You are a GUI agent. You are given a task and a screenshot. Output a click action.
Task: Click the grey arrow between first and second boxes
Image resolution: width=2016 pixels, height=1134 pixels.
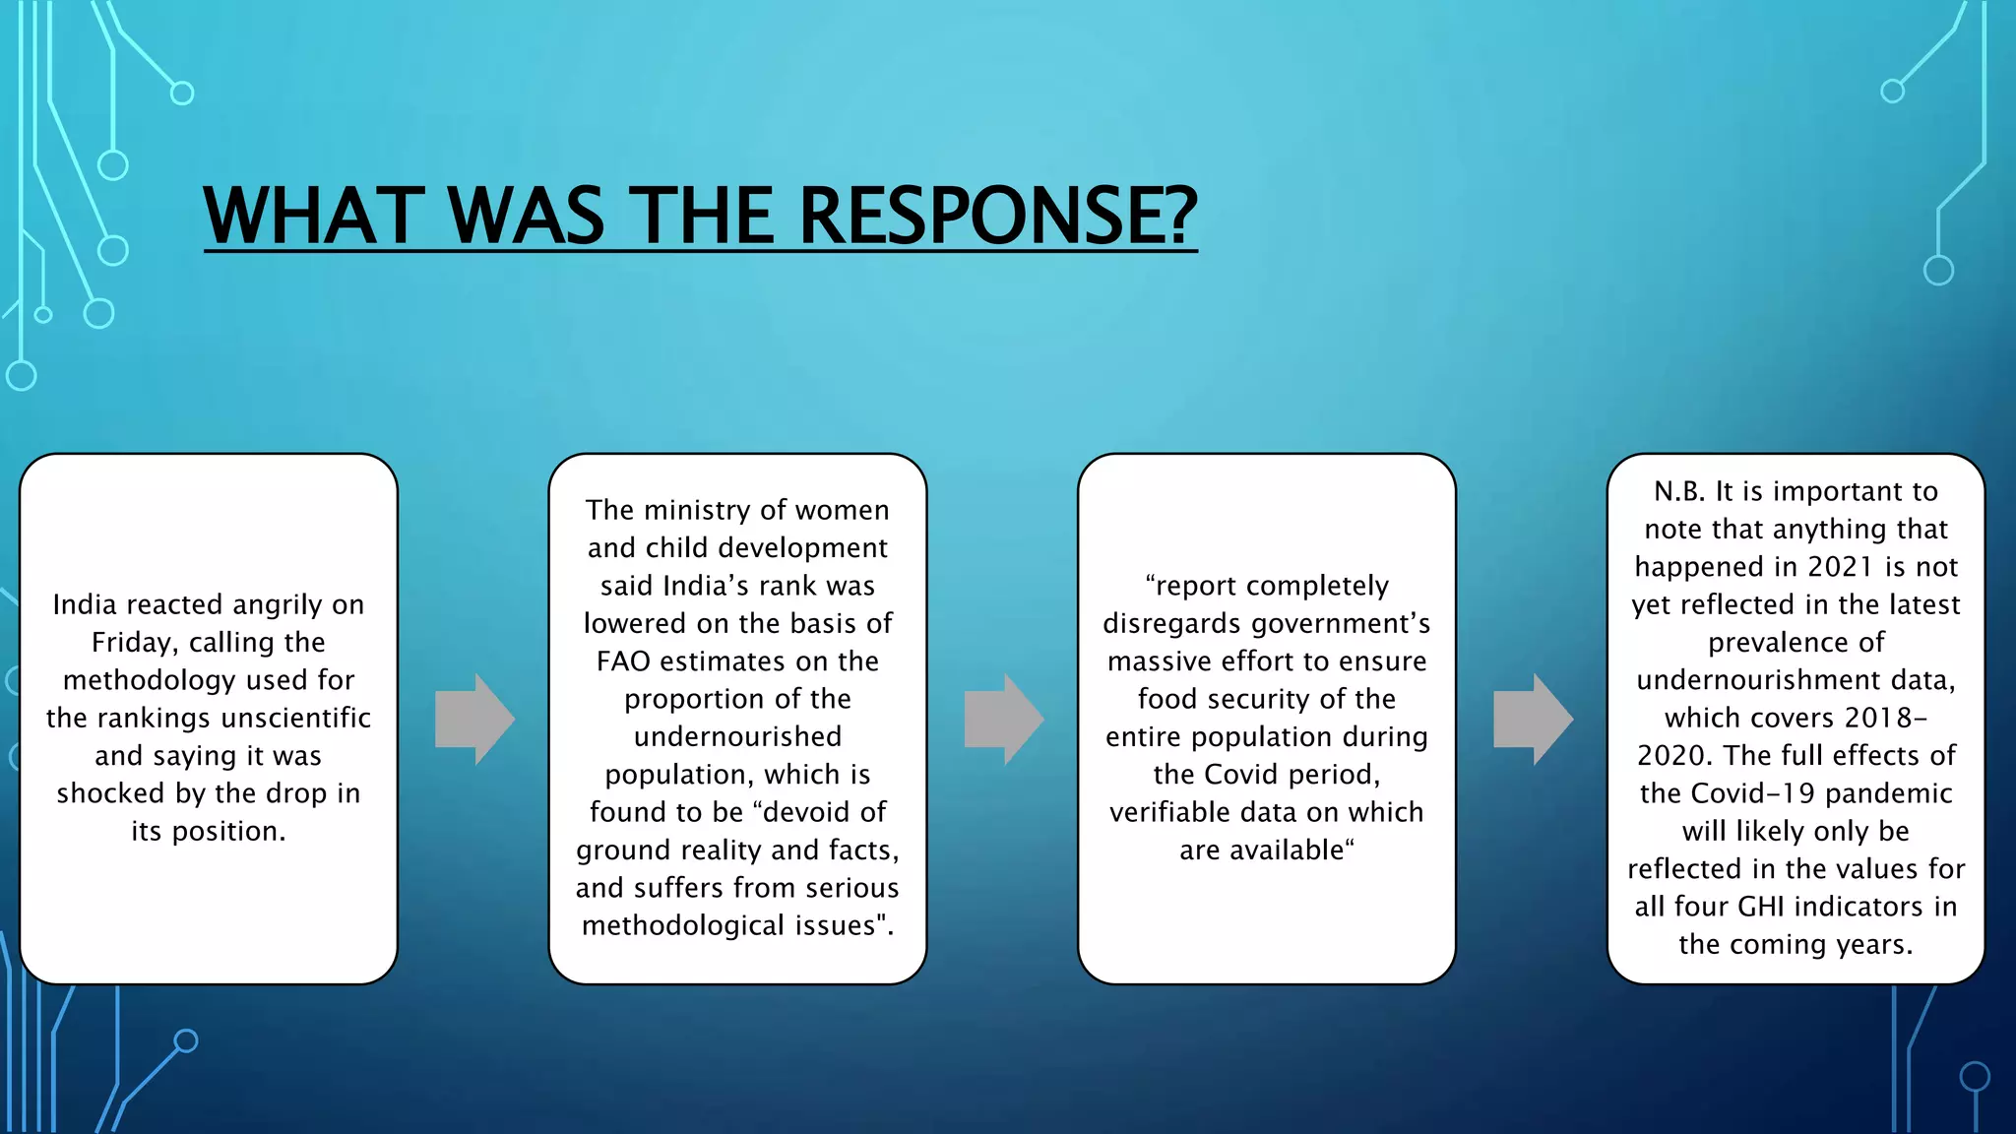[474, 720]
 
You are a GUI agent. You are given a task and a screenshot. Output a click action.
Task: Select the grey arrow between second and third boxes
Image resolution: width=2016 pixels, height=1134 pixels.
[1003, 720]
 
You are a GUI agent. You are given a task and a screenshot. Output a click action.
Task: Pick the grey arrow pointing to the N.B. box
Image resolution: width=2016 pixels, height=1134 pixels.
[1533, 720]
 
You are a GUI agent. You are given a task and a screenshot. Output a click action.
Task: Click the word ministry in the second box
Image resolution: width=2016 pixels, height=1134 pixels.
[695, 510]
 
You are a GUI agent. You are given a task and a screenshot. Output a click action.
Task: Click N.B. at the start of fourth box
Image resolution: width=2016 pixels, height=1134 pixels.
[1679, 491]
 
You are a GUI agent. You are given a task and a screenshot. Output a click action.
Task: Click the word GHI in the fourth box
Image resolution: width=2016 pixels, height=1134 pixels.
[1761, 907]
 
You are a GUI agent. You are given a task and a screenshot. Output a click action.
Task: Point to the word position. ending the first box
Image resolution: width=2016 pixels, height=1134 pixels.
[228, 832]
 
